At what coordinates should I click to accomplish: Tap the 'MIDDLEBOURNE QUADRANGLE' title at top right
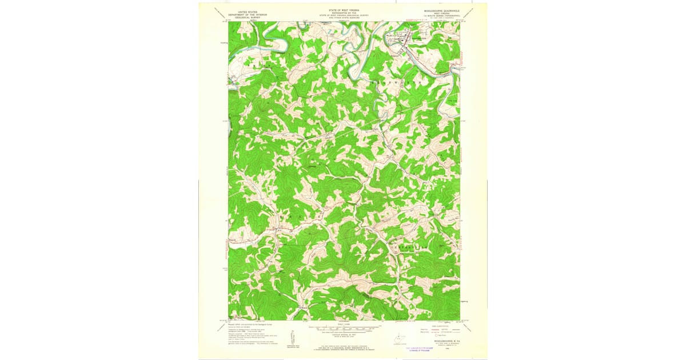tap(442, 11)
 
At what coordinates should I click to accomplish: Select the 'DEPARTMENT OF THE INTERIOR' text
tap(247, 14)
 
